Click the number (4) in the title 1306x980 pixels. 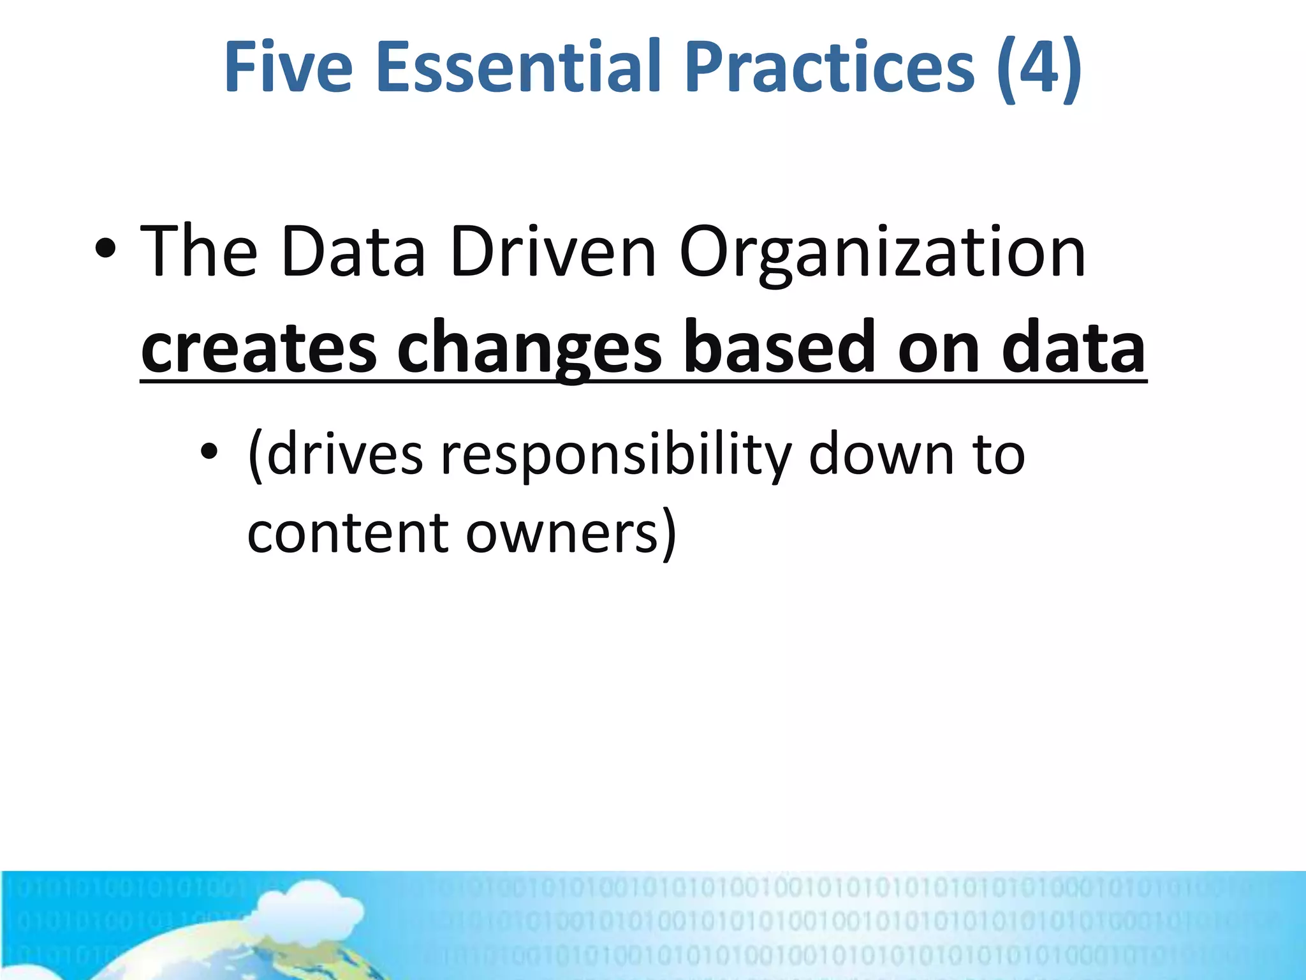1039,67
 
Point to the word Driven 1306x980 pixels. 552,252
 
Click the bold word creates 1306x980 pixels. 259,348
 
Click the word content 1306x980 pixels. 348,533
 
